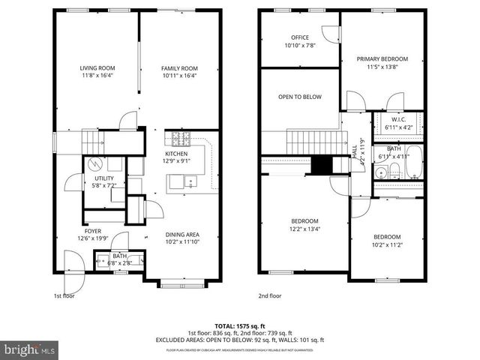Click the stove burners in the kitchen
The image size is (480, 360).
(x=181, y=139)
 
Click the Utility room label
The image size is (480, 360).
(x=103, y=177)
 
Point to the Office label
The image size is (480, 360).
(x=300, y=37)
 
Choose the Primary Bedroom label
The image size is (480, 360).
(x=382, y=58)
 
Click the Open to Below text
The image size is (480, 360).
(x=300, y=97)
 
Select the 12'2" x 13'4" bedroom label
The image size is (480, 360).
(x=304, y=220)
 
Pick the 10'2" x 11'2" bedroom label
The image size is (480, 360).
(x=387, y=236)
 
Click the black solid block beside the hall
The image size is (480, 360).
(x=321, y=166)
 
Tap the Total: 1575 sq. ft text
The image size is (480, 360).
(x=239, y=327)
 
